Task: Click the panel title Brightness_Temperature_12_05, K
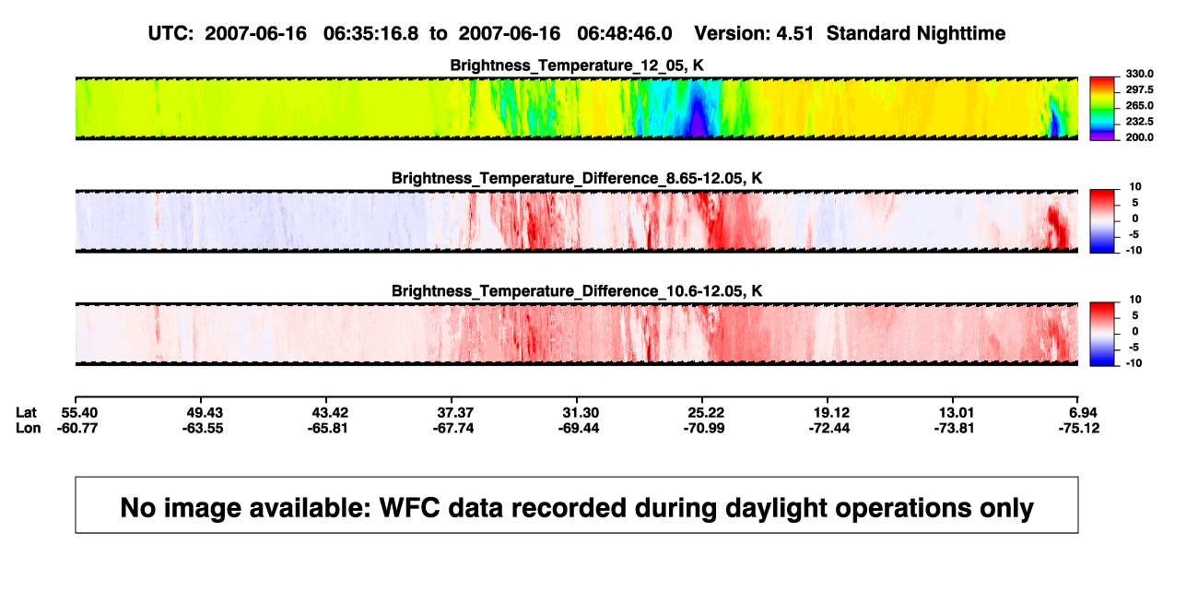577,65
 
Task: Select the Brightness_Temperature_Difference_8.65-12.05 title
577,178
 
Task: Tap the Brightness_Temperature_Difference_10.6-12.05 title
577,291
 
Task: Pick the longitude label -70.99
704,428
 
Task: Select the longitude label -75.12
1079,428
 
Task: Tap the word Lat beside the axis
26,413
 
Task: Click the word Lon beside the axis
28,428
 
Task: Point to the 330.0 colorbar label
1139,74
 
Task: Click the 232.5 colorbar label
1139,122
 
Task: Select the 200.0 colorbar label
1139,137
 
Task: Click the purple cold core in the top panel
697,124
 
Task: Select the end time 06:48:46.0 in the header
624,34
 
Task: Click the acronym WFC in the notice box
409,507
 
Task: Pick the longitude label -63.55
203,428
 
